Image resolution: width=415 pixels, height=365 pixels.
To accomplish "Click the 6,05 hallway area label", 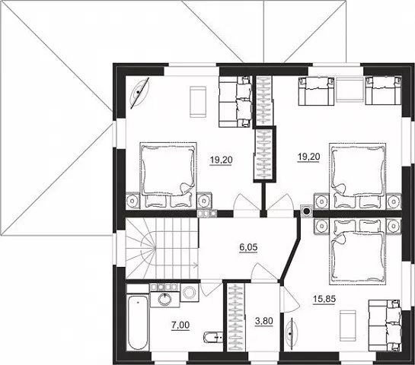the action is [x=248, y=248].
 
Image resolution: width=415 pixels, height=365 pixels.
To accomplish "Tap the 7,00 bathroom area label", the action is [x=180, y=325].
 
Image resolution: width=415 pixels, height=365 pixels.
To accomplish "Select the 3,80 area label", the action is [x=263, y=322].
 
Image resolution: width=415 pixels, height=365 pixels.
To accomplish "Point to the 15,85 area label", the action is [x=324, y=299].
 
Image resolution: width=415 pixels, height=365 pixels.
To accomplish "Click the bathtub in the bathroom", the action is [x=137, y=322].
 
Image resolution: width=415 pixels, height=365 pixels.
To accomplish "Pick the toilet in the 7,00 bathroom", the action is [x=212, y=337].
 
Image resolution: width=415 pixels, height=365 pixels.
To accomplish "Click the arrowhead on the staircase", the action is [x=196, y=265].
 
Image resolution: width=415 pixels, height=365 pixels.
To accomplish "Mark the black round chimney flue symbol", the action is [x=306, y=211].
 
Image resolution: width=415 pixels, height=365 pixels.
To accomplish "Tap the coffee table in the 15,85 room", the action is [x=347, y=324].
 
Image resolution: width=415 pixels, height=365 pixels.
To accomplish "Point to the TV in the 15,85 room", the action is [x=292, y=332].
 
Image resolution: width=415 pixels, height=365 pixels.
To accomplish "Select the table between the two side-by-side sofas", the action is [x=349, y=89].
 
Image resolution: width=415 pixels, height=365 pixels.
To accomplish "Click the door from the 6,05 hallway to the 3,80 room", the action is [x=264, y=272].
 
